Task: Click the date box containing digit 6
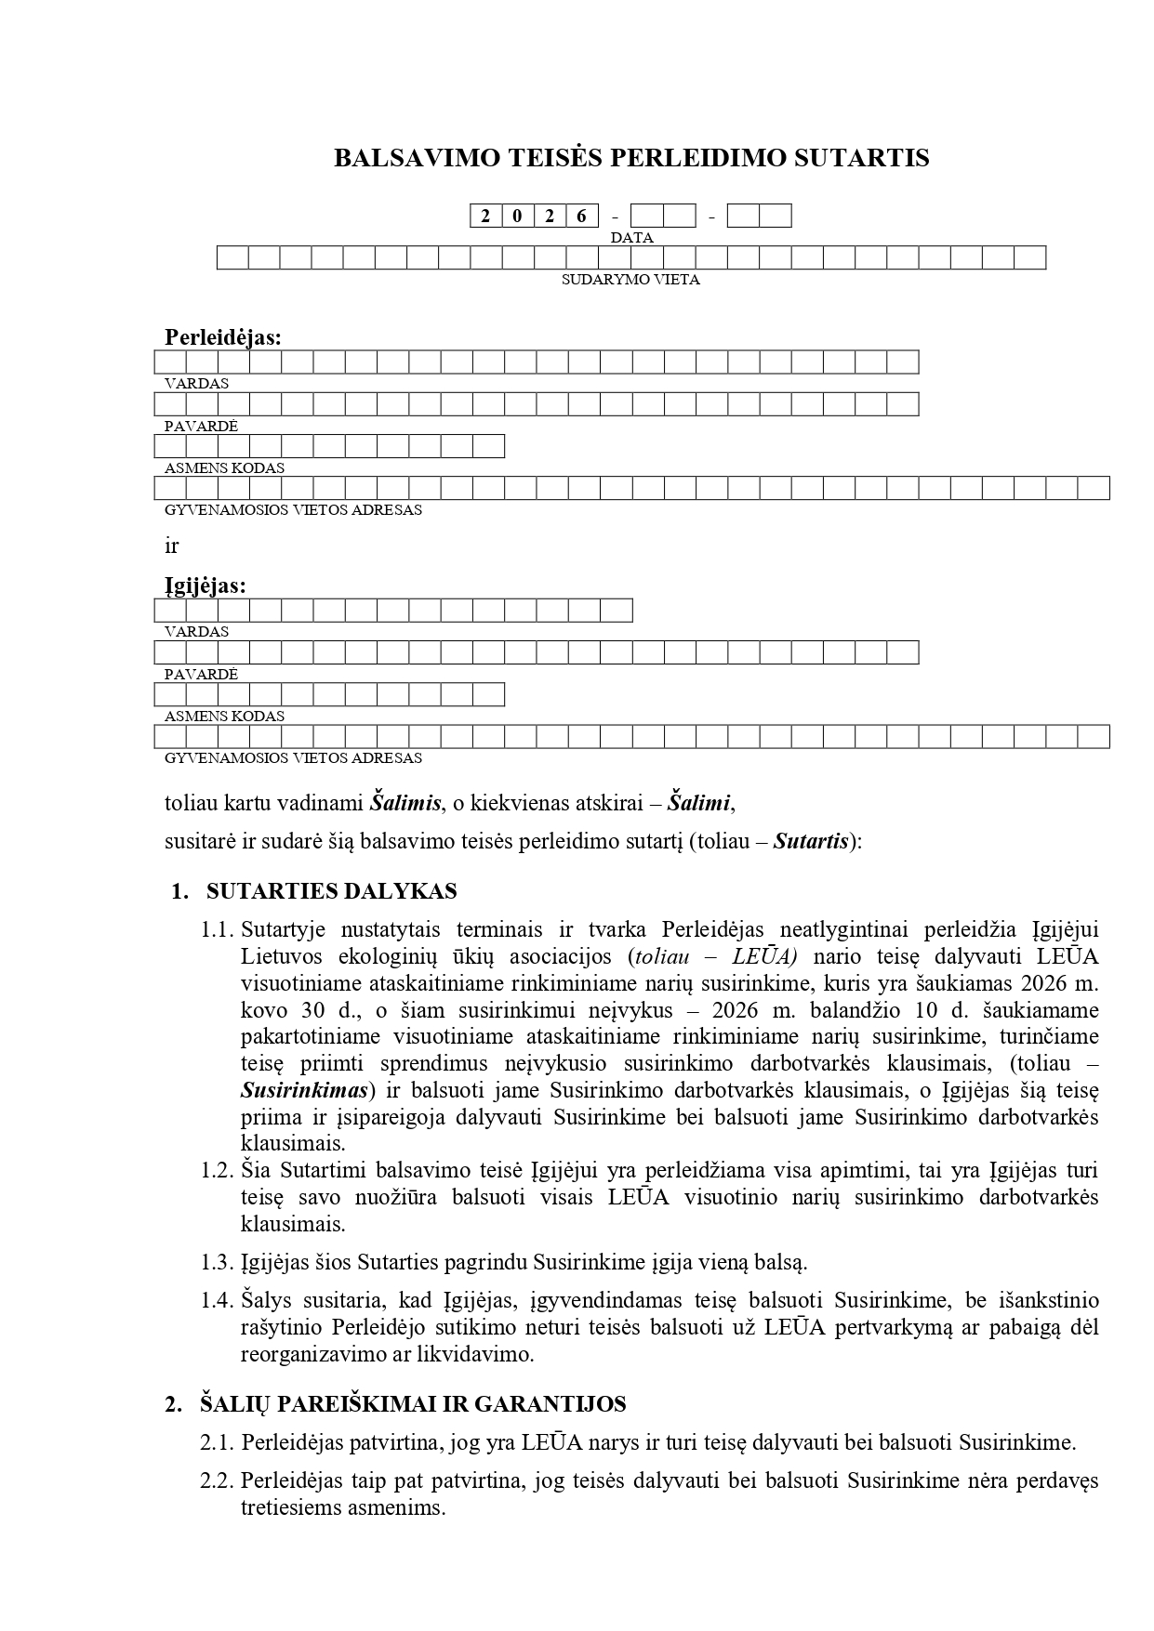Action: coord(582,217)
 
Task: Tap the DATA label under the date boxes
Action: coord(631,238)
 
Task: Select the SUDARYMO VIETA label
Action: coord(630,280)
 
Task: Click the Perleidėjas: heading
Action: coord(223,337)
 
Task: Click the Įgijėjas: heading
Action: coord(206,585)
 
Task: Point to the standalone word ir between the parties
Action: coord(171,546)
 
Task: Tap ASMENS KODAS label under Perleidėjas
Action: coord(224,468)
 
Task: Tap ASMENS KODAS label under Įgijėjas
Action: coord(224,717)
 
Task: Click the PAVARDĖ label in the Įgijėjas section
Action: coord(201,675)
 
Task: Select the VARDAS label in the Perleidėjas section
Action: coord(196,384)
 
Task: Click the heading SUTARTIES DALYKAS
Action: coord(331,892)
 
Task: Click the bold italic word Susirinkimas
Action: coord(304,1090)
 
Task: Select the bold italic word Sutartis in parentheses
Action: coord(811,843)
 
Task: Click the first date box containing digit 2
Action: coord(485,217)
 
